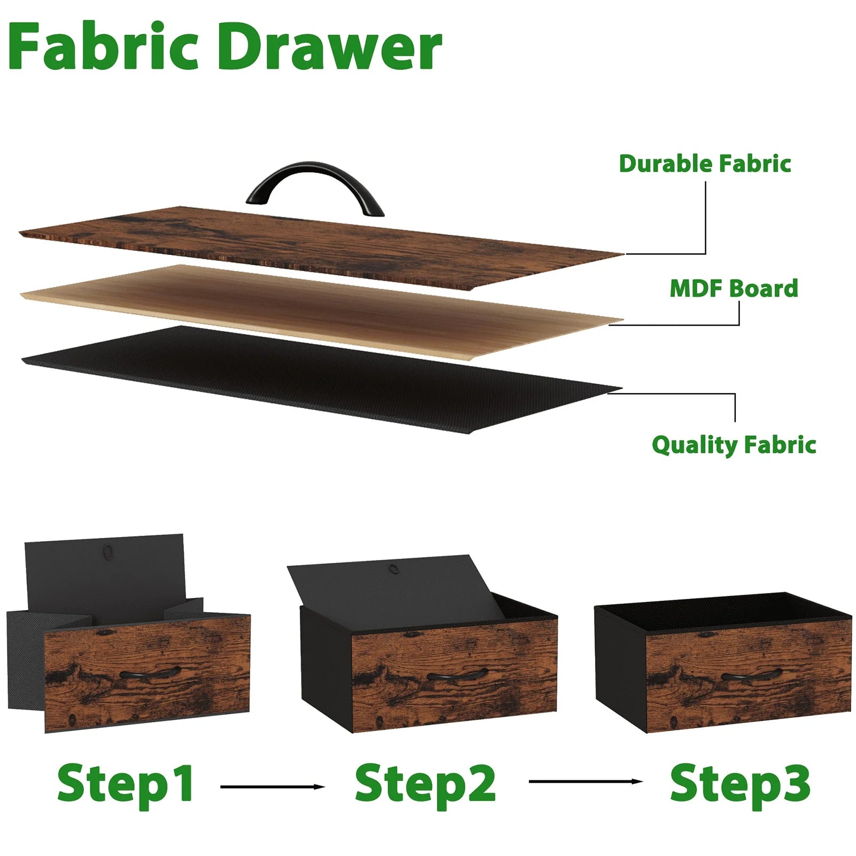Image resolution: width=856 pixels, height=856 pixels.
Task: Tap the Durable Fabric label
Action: point(705,164)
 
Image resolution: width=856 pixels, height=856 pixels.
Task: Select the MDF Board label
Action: point(734,288)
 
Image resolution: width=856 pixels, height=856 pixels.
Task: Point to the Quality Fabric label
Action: point(734,445)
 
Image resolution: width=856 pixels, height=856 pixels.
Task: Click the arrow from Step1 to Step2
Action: point(273,786)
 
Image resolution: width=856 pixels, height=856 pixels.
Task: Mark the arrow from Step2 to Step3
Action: point(586,782)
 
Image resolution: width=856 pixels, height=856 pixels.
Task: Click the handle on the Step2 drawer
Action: point(458,674)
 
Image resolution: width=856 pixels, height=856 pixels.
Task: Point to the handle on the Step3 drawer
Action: point(748,675)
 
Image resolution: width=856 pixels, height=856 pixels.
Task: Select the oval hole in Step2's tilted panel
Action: point(395,569)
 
